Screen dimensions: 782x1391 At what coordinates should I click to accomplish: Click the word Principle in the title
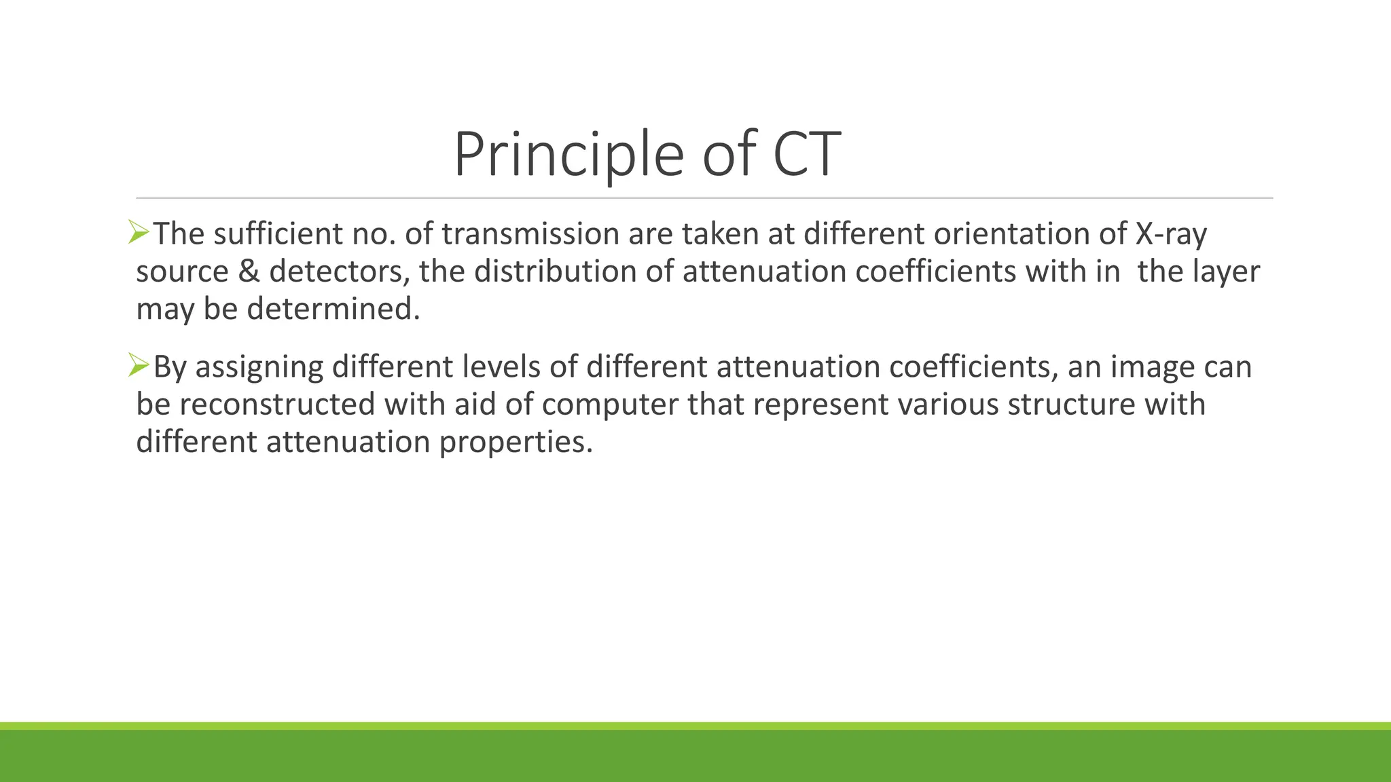(568, 155)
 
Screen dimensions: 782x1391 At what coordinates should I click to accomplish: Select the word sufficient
(278, 234)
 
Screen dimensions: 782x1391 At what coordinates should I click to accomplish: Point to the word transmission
(530, 234)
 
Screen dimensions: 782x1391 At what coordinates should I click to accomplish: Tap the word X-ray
(1171, 234)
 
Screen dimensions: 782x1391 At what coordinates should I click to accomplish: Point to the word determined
(333, 310)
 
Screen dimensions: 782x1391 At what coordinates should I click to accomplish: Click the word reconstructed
(277, 405)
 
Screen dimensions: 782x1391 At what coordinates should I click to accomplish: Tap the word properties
(516, 443)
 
